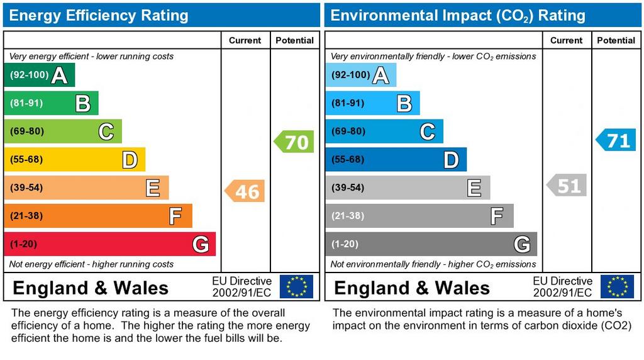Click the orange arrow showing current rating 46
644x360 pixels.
tap(245, 191)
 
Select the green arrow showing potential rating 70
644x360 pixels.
tap(294, 142)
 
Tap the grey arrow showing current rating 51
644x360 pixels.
tap(567, 186)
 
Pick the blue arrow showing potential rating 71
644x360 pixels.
tap(616, 140)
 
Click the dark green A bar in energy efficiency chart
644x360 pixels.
tap(39, 76)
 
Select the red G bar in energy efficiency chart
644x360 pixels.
tap(109, 244)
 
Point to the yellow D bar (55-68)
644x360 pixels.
tap(74, 160)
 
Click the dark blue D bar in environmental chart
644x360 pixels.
tap(396, 160)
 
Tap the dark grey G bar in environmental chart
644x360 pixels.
tap(431, 244)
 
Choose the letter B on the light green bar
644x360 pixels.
tap(82, 103)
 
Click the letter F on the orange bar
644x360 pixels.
tap(175, 217)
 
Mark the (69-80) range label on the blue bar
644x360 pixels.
tap(348, 132)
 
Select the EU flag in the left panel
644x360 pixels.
tap(296, 286)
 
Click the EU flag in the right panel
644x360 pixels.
tap(617, 286)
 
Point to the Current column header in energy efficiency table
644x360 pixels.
tap(245, 40)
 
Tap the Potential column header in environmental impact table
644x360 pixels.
tap(616, 40)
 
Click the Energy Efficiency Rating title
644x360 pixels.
tap(99, 15)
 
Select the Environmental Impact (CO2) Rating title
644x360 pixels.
tap(458, 15)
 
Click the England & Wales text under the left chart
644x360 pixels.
tap(91, 288)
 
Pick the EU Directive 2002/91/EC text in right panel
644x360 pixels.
tap(562, 287)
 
